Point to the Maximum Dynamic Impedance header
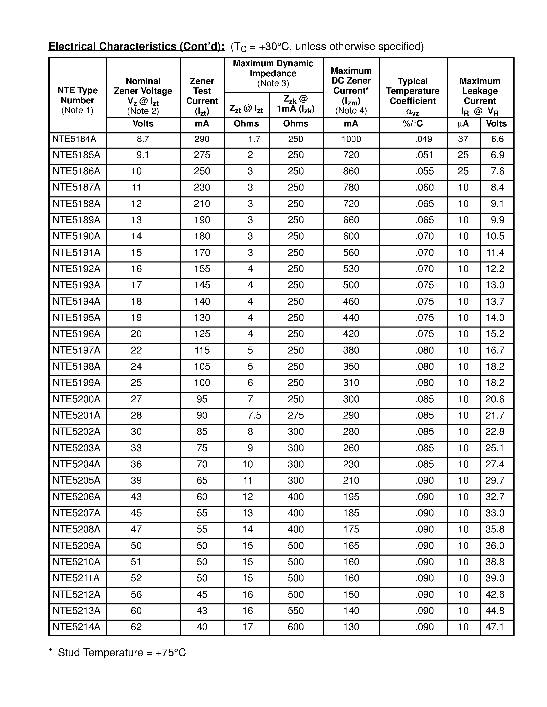tap(273, 73)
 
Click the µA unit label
tap(463, 124)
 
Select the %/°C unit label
tap(413, 124)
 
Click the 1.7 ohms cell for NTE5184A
tap(254, 139)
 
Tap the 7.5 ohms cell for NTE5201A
tap(254, 415)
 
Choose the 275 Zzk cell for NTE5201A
tap(296, 415)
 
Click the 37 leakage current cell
tap(463, 139)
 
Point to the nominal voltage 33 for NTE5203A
tap(136, 448)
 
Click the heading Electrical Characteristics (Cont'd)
tap(136, 46)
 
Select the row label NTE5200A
tap(76, 399)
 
